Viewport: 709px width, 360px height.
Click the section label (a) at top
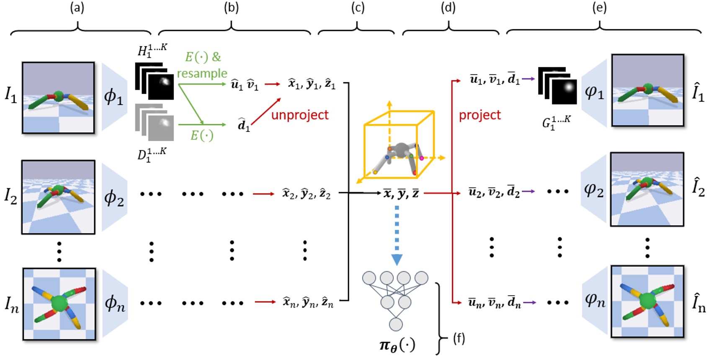pyautogui.click(x=77, y=8)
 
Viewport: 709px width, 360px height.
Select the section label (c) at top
pyautogui.click(x=357, y=8)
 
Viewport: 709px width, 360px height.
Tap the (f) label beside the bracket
pyautogui.click(x=459, y=338)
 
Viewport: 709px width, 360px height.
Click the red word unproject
pyautogui.click(x=300, y=115)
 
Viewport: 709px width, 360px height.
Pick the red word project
pyautogui.click(x=480, y=115)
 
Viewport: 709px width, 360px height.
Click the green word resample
pyautogui.click(x=202, y=73)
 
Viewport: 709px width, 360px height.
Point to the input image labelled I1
pyautogui.click(x=58, y=98)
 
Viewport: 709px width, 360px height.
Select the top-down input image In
pyautogui.click(x=59, y=303)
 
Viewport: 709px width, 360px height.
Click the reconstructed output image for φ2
pyautogui.click(x=647, y=189)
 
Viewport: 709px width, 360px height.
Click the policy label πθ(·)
pyautogui.click(x=397, y=345)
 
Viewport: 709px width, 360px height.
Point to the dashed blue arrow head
pyautogui.click(x=397, y=260)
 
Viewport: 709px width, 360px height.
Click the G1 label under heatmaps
pyautogui.click(x=556, y=123)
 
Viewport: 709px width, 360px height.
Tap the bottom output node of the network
pyautogui.click(x=396, y=324)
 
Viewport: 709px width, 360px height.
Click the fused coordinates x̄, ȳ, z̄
pyautogui.click(x=401, y=193)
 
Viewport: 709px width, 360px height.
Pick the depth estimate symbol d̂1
pyautogui.click(x=243, y=125)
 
